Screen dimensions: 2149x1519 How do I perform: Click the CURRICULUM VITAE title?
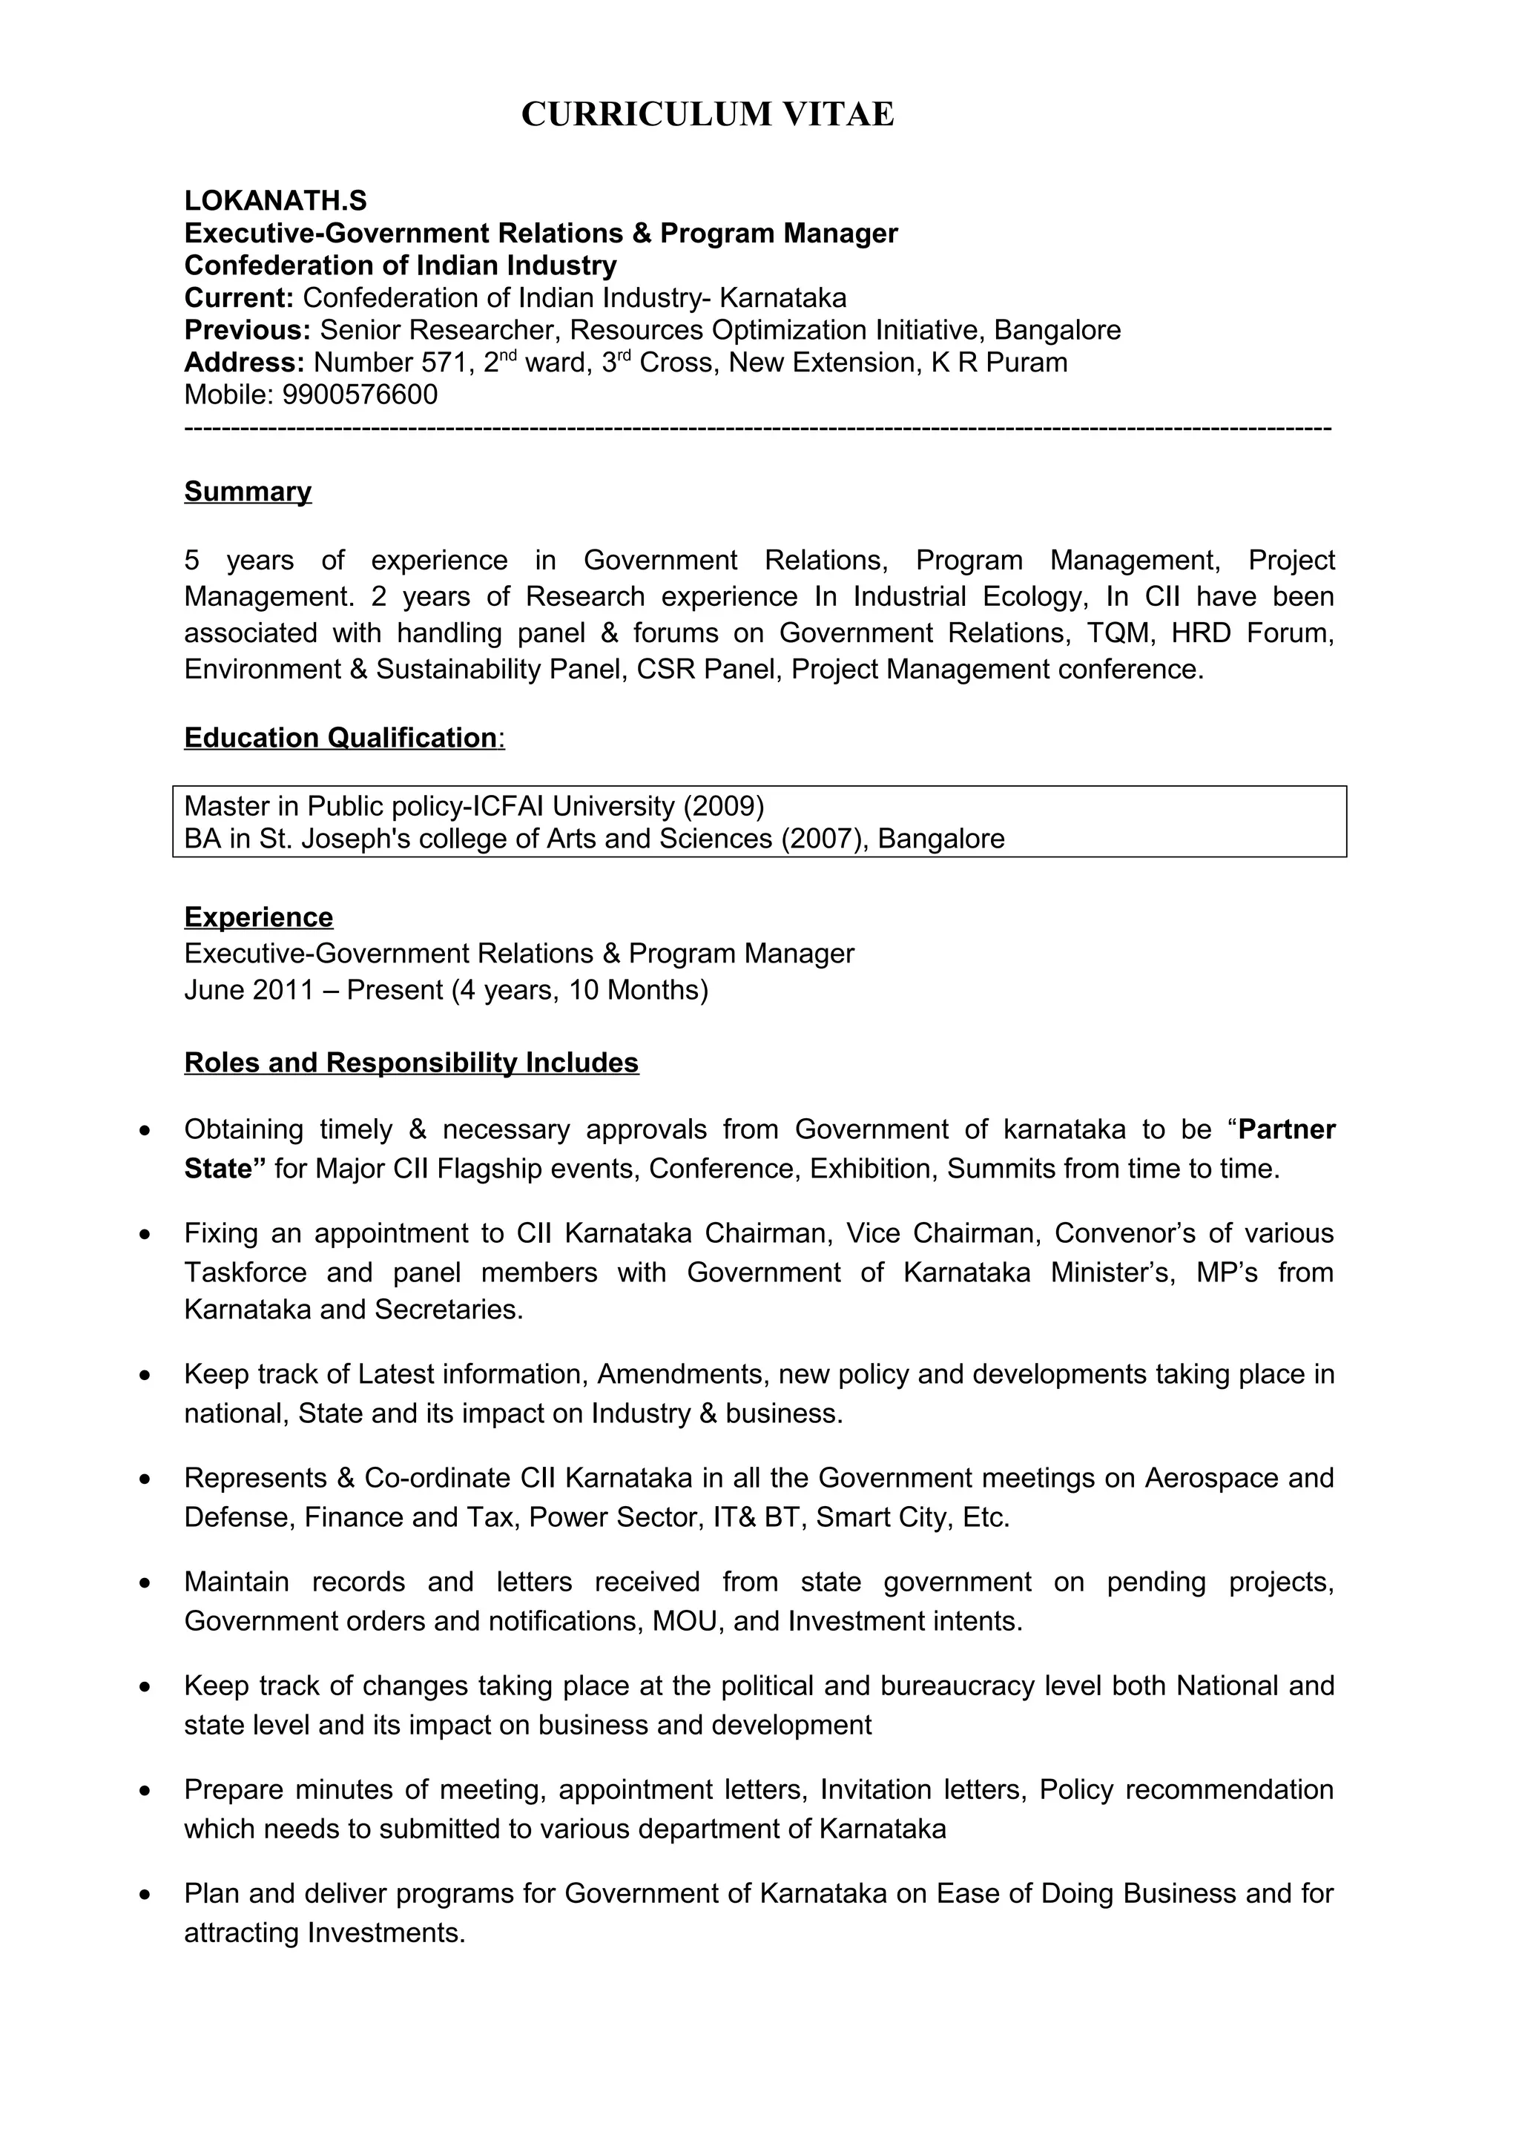point(708,114)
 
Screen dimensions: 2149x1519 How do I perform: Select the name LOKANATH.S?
point(275,200)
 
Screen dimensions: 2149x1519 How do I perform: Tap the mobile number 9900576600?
point(360,394)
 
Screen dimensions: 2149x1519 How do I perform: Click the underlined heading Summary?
point(247,492)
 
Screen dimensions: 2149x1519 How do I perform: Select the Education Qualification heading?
point(340,738)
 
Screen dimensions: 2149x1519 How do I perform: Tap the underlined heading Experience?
point(258,917)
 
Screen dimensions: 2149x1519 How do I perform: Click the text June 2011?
point(248,989)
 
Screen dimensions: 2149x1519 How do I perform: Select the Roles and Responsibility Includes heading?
point(411,1063)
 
